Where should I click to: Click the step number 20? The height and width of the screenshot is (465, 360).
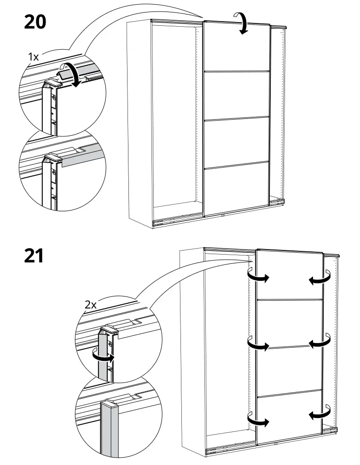click(x=35, y=22)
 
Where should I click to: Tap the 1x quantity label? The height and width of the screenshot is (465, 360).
click(x=34, y=57)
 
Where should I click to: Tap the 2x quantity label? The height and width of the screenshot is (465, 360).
click(x=91, y=304)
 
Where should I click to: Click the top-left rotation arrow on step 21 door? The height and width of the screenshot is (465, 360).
click(x=257, y=276)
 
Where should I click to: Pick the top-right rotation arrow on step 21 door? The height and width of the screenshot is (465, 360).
click(x=319, y=277)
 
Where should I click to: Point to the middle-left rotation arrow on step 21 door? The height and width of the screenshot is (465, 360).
click(x=257, y=344)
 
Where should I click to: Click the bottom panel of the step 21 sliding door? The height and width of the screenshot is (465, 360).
click(x=289, y=419)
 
